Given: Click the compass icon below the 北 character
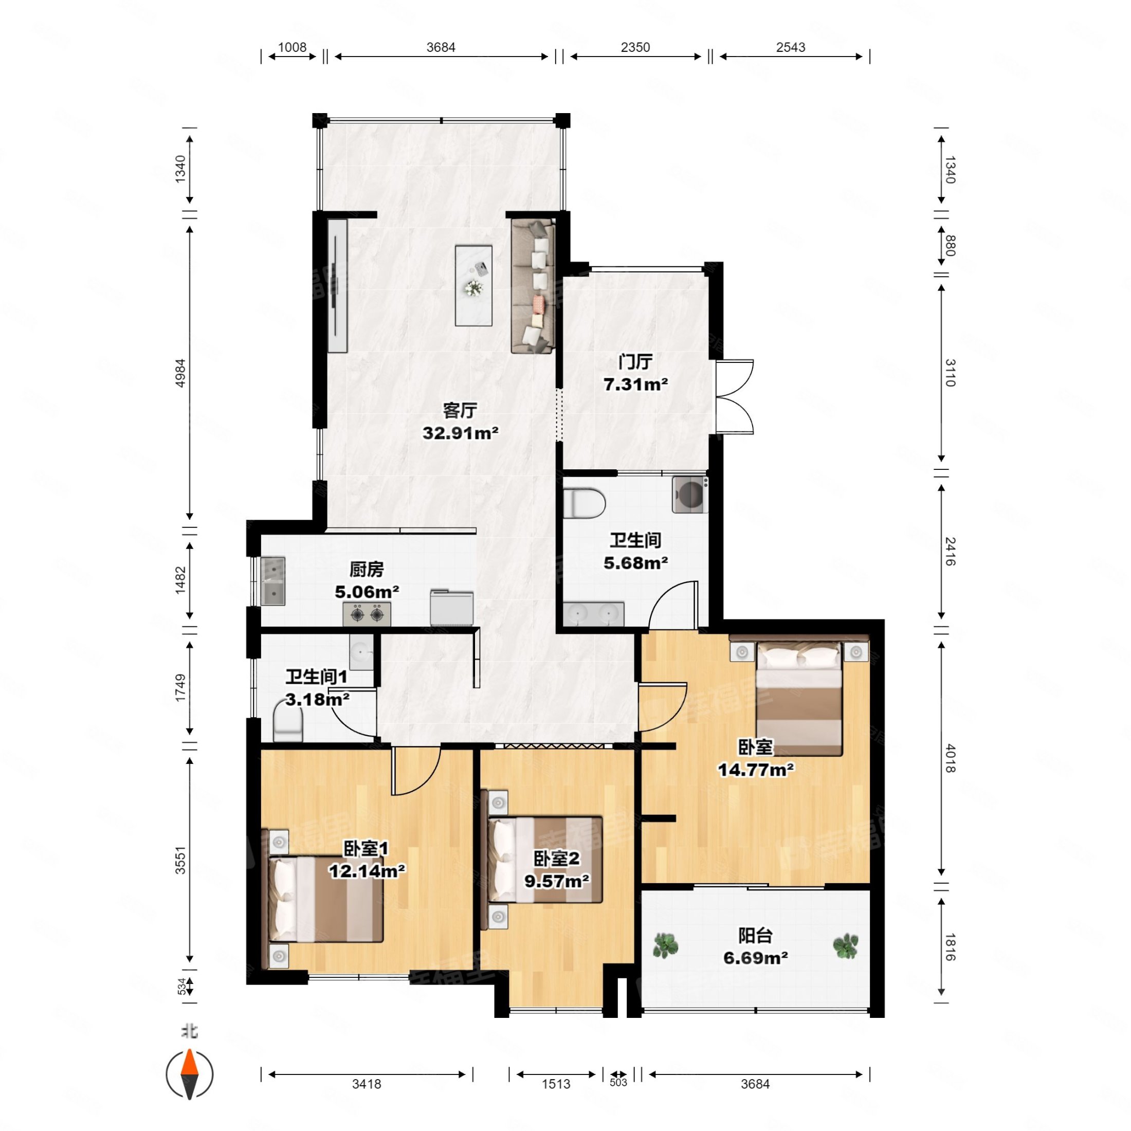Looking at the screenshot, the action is point(189,1074).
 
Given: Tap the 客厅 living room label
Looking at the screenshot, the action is point(460,410).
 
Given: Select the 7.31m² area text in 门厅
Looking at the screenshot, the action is point(636,385).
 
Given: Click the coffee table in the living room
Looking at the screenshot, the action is point(473,286).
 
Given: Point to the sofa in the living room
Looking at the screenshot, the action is point(533,286).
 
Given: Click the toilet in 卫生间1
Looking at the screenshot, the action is point(287,725).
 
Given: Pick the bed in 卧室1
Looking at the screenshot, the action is point(325,899).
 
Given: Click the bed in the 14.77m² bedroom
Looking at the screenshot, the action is point(799,697).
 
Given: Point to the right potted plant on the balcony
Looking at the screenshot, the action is point(846,945).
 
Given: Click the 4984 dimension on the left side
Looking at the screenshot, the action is point(181,372).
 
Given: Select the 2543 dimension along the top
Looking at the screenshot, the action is point(791,47).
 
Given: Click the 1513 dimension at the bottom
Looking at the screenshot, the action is point(556,1084).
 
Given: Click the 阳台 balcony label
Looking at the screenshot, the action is point(755,936).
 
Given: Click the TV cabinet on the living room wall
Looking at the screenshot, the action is point(337,286).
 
